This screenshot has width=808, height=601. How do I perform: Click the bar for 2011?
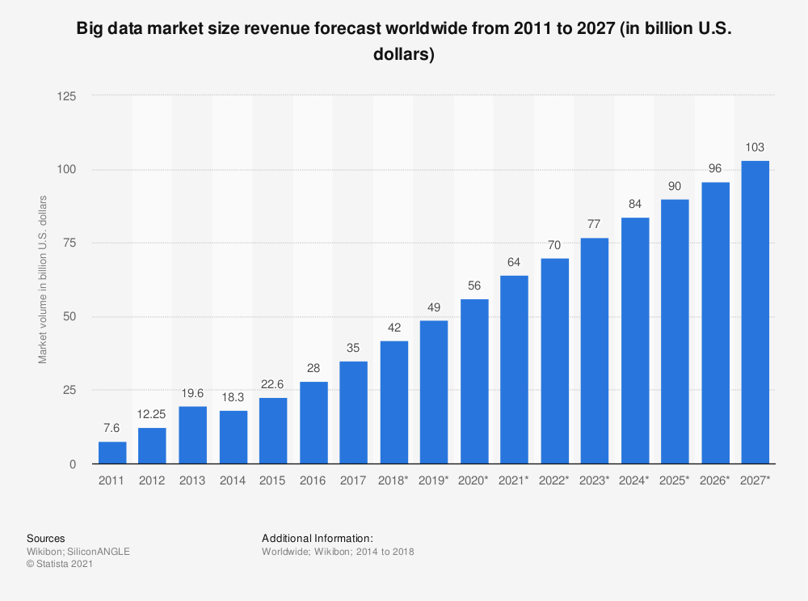[112, 453]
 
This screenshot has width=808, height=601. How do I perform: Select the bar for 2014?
[233, 438]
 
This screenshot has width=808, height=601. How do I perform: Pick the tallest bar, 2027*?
[755, 312]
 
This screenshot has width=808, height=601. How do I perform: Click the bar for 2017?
[353, 413]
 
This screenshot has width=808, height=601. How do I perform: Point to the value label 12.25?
[152, 414]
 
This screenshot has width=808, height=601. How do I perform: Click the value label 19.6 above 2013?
[192, 393]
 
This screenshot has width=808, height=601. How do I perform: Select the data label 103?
[755, 147]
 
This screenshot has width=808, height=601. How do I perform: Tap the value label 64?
[514, 262]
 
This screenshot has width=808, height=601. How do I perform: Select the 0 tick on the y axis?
[73, 463]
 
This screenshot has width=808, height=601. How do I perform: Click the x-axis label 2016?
[313, 480]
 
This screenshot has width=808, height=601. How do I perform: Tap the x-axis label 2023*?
[595, 480]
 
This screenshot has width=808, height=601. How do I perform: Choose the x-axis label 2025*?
[675, 480]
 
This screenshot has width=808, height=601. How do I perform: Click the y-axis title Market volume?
[43, 279]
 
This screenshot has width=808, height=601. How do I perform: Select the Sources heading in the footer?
[46, 538]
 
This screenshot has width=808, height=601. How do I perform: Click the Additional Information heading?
[318, 538]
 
